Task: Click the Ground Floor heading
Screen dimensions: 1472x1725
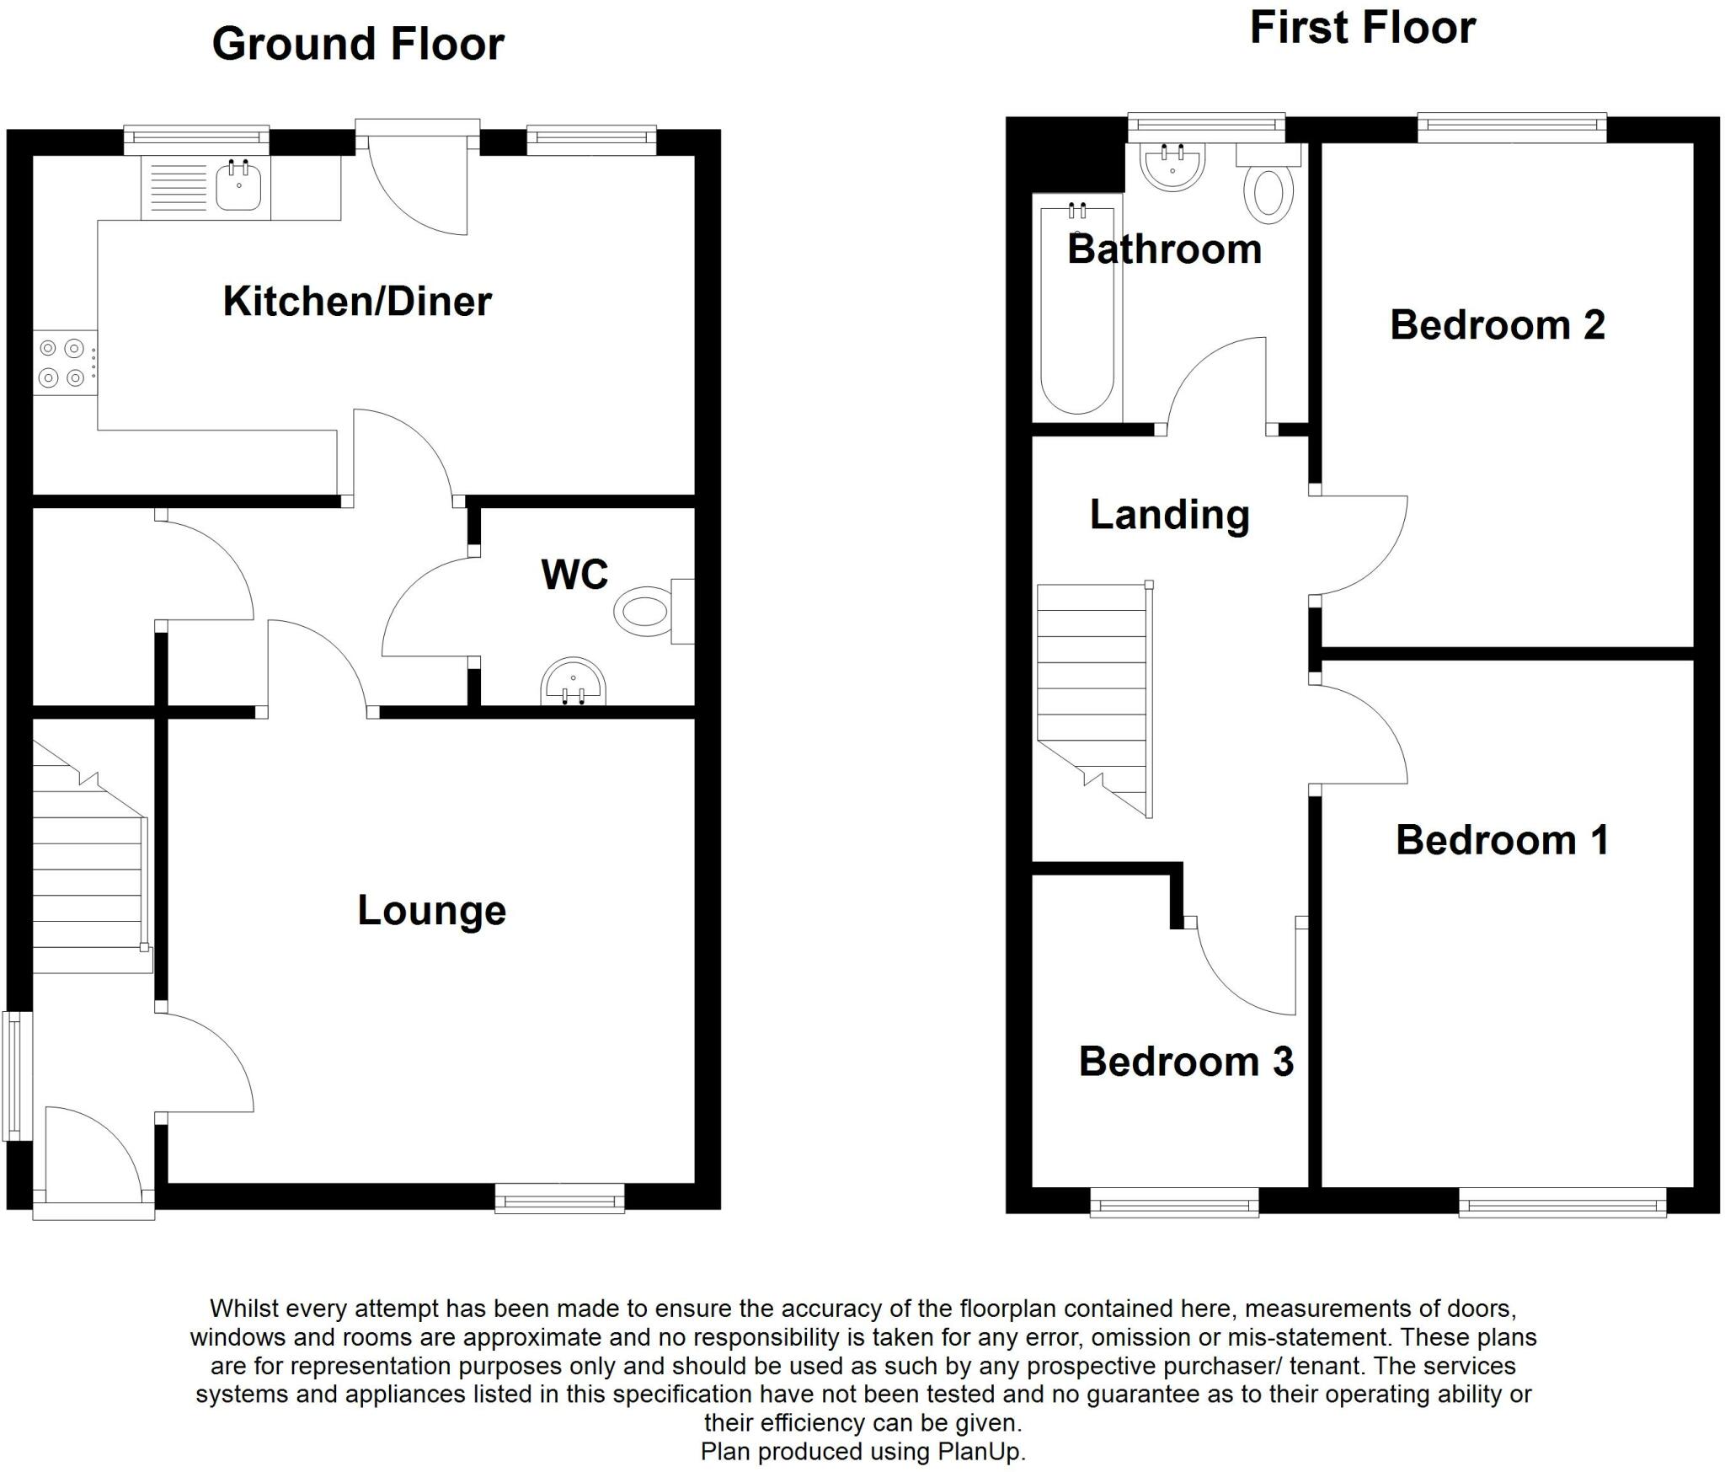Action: point(358,44)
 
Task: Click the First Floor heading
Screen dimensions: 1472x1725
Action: point(1362,28)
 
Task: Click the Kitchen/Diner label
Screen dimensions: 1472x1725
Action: point(357,302)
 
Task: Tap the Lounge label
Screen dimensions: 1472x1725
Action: point(431,910)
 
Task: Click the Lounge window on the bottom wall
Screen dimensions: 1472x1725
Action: point(559,1197)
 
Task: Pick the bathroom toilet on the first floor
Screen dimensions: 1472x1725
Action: point(1268,192)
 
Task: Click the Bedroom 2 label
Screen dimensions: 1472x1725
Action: point(1497,325)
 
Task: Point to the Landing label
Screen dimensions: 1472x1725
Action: point(1169,515)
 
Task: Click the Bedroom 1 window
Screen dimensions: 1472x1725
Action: point(1562,1202)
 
